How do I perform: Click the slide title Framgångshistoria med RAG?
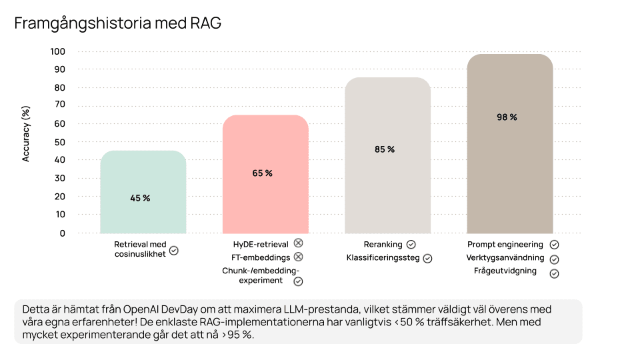(x=117, y=23)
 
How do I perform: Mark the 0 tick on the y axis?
(x=63, y=233)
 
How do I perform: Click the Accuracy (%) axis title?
(x=27, y=134)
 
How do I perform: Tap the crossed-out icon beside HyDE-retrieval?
(x=298, y=244)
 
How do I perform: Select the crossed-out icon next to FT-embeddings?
(x=298, y=257)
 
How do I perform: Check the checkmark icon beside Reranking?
(x=411, y=245)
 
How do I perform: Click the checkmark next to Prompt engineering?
(x=554, y=245)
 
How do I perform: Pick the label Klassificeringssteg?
(x=383, y=258)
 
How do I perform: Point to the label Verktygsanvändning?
(x=505, y=258)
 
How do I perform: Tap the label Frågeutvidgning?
(x=505, y=271)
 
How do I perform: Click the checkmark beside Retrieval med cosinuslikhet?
(x=174, y=251)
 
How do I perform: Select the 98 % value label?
(x=507, y=117)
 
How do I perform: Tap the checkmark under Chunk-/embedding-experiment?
(x=298, y=281)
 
